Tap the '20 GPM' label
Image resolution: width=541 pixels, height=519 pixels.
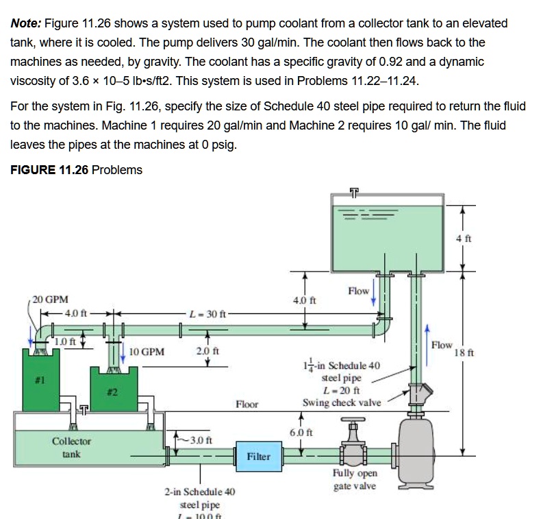click(x=50, y=300)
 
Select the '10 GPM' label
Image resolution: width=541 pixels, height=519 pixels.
click(x=147, y=352)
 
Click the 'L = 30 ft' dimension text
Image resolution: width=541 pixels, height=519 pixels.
click(x=207, y=313)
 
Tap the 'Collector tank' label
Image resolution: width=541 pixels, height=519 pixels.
click(x=71, y=448)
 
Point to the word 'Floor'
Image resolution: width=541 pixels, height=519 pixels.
click(x=247, y=404)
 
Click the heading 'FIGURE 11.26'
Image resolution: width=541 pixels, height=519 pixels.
click(x=49, y=169)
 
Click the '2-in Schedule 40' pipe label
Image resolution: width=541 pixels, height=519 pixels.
click(x=201, y=492)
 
